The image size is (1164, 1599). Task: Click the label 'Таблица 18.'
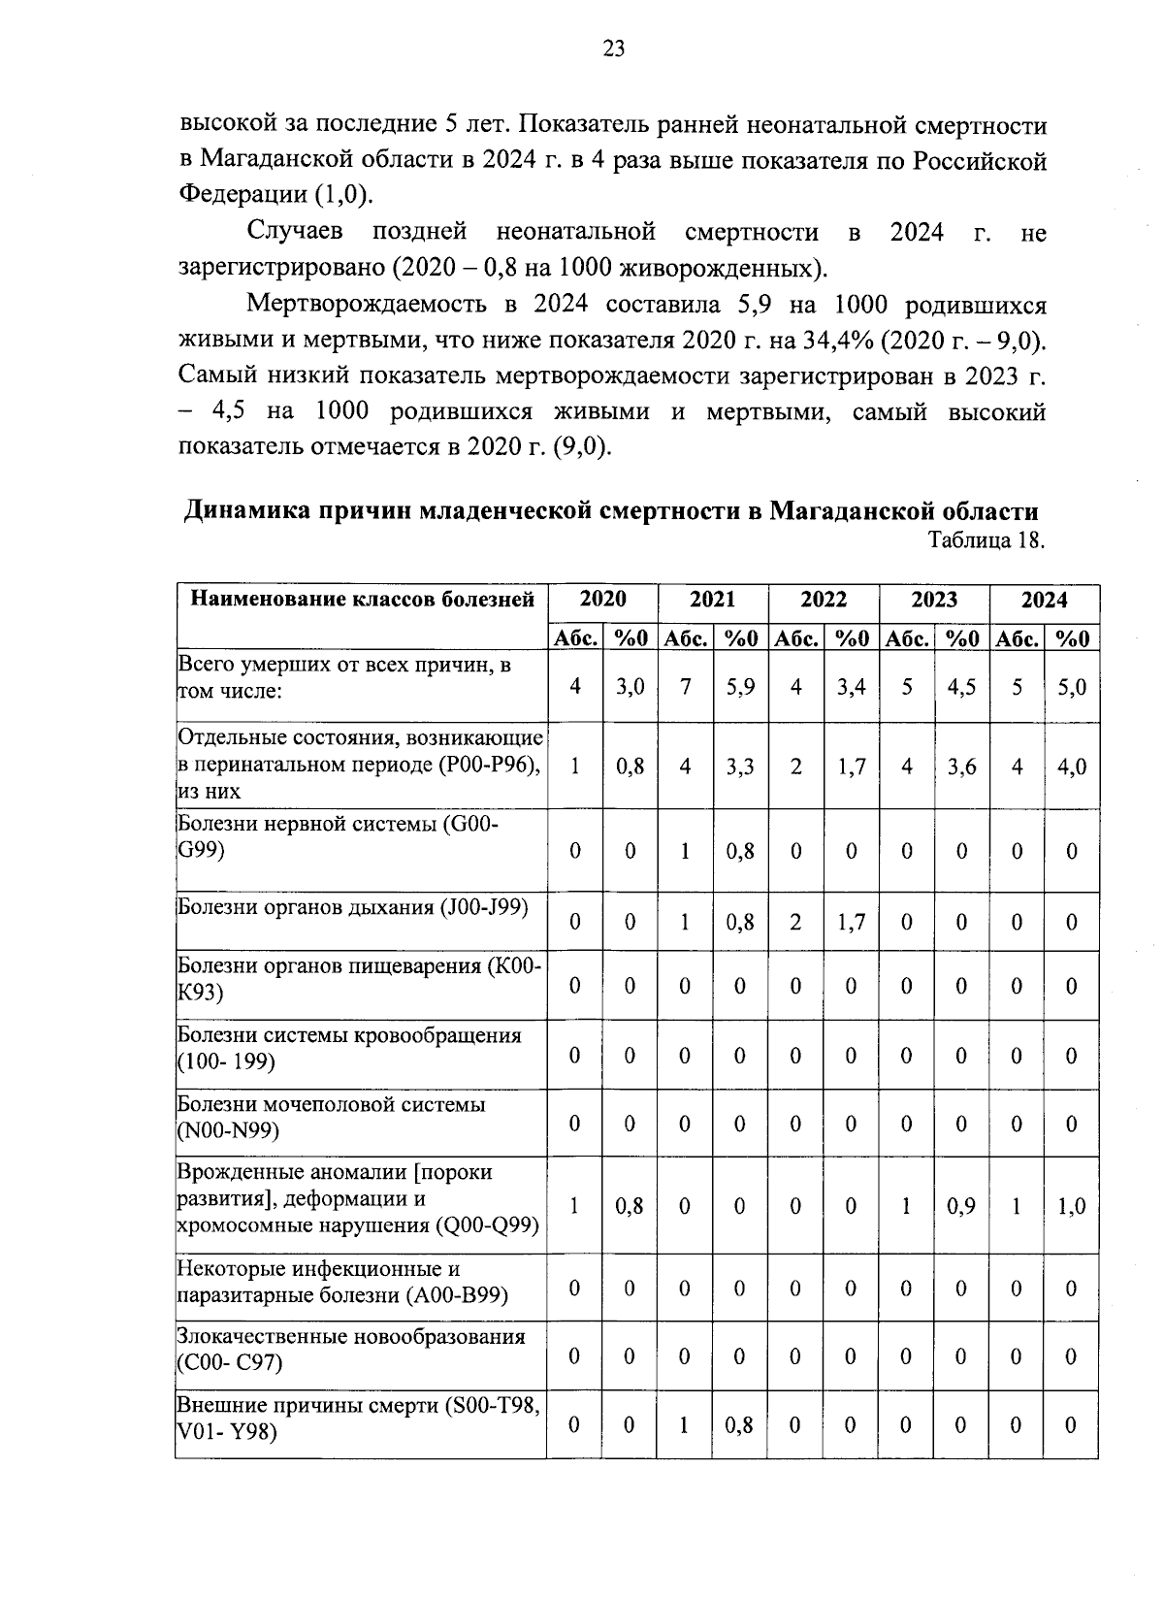tap(986, 540)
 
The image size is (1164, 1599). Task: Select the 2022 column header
tap(823, 600)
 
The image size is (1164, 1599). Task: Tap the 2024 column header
tap(1044, 600)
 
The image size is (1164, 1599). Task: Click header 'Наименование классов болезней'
tap(362, 600)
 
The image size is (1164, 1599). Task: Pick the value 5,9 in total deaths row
tap(740, 687)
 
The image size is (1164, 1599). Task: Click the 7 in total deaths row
tap(686, 687)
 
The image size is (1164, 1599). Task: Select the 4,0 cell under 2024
tap(1072, 767)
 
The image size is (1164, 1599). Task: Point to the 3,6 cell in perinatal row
tap(961, 767)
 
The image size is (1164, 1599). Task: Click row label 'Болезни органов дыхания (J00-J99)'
tap(352, 908)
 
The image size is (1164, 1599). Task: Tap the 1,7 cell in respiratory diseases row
tap(851, 922)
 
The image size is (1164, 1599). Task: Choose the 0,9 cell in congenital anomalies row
tap(961, 1206)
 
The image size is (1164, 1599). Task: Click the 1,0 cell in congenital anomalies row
tap(1072, 1206)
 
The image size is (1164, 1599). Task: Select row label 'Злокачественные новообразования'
tap(350, 1337)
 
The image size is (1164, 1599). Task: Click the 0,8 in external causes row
tap(740, 1425)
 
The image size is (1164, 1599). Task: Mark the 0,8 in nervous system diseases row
tap(740, 851)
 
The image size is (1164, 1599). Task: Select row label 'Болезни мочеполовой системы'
tap(331, 1105)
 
